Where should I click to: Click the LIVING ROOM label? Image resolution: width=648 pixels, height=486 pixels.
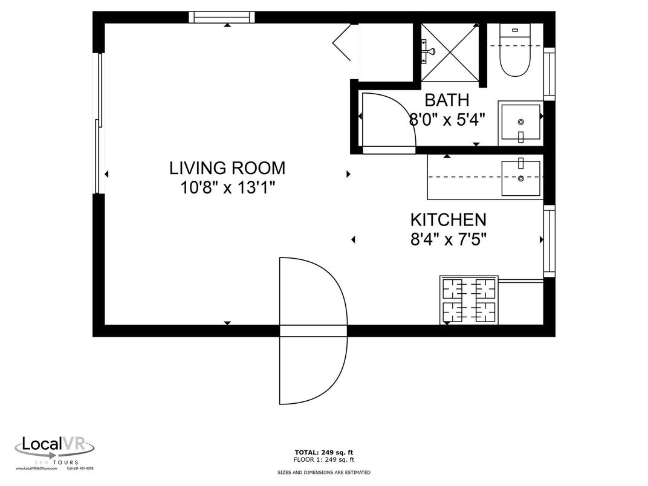point(227,168)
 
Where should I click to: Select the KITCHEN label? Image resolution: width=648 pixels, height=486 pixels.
point(448,219)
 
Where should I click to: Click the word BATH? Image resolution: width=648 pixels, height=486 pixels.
point(446,100)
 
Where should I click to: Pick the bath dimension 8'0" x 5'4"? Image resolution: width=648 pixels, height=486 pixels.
point(447,120)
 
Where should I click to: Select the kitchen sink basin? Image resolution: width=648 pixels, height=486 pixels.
point(521,178)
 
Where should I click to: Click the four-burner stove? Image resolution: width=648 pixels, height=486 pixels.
point(469,300)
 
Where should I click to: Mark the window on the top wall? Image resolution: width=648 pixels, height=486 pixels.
point(221,17)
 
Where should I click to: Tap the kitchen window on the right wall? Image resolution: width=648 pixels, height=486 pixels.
point(549,241)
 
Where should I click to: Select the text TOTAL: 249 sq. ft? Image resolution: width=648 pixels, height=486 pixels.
point(323,452)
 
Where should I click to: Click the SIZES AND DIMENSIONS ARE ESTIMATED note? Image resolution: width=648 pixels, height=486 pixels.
point(323,472)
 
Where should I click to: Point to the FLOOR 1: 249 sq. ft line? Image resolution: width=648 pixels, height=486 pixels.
point(323,459)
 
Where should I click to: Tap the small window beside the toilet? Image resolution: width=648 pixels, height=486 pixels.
point(549,73)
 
